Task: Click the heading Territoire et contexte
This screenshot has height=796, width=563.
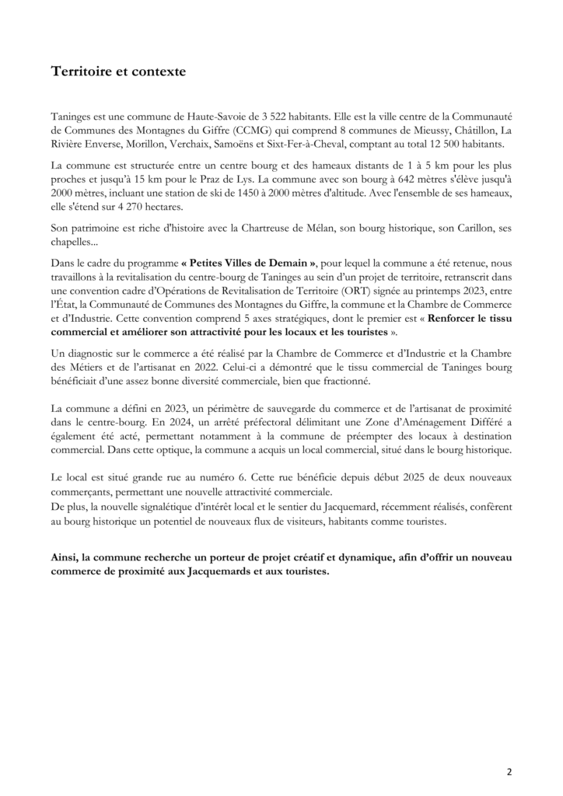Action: (118, 72)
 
